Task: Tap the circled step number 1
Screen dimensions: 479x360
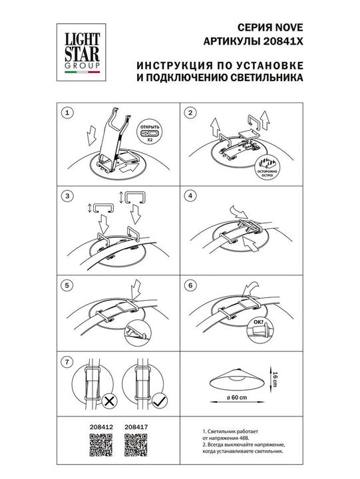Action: (66, 114)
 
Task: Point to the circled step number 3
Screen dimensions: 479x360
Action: (66, 197)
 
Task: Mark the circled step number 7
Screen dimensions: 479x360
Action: (66, 363)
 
